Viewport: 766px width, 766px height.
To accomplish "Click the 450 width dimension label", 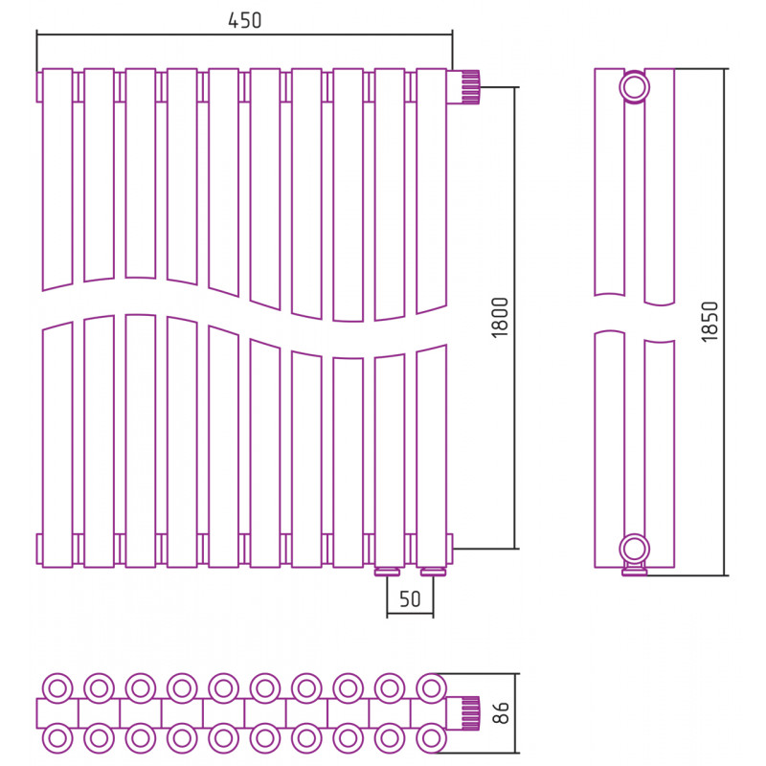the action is tap(245, 20).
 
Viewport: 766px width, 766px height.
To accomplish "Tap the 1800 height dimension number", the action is tap(500, 318).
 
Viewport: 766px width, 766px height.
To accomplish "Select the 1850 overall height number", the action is tap(710, 322).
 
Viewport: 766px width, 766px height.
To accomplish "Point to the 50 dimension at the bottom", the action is tap(410, 599).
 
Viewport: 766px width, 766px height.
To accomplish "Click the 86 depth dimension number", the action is tap(501, 712).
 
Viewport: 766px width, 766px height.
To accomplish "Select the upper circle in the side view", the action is tap(634, 87).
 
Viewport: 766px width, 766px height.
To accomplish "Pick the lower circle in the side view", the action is tap(634, 549).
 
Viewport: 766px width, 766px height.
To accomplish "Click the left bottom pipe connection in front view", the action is tap(388, 572).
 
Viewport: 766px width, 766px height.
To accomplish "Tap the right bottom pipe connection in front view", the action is tap(434, 572).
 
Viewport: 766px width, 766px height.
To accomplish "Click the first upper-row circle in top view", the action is tap(57, 688).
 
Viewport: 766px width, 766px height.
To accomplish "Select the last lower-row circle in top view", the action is tap(432, 738).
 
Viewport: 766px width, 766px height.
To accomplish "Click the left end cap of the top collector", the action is tap(39, 87).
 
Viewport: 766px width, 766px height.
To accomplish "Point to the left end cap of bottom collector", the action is tap(39, 549).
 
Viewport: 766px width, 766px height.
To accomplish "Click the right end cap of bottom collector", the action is tap(450, 549).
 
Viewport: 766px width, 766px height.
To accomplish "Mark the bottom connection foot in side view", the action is tap(634, 570).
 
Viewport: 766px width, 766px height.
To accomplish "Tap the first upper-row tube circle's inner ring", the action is tap(57, 688).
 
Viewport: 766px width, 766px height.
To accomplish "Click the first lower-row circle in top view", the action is tap(57, 738).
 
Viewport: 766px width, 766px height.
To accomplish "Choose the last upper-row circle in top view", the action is tap(432, 688).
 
